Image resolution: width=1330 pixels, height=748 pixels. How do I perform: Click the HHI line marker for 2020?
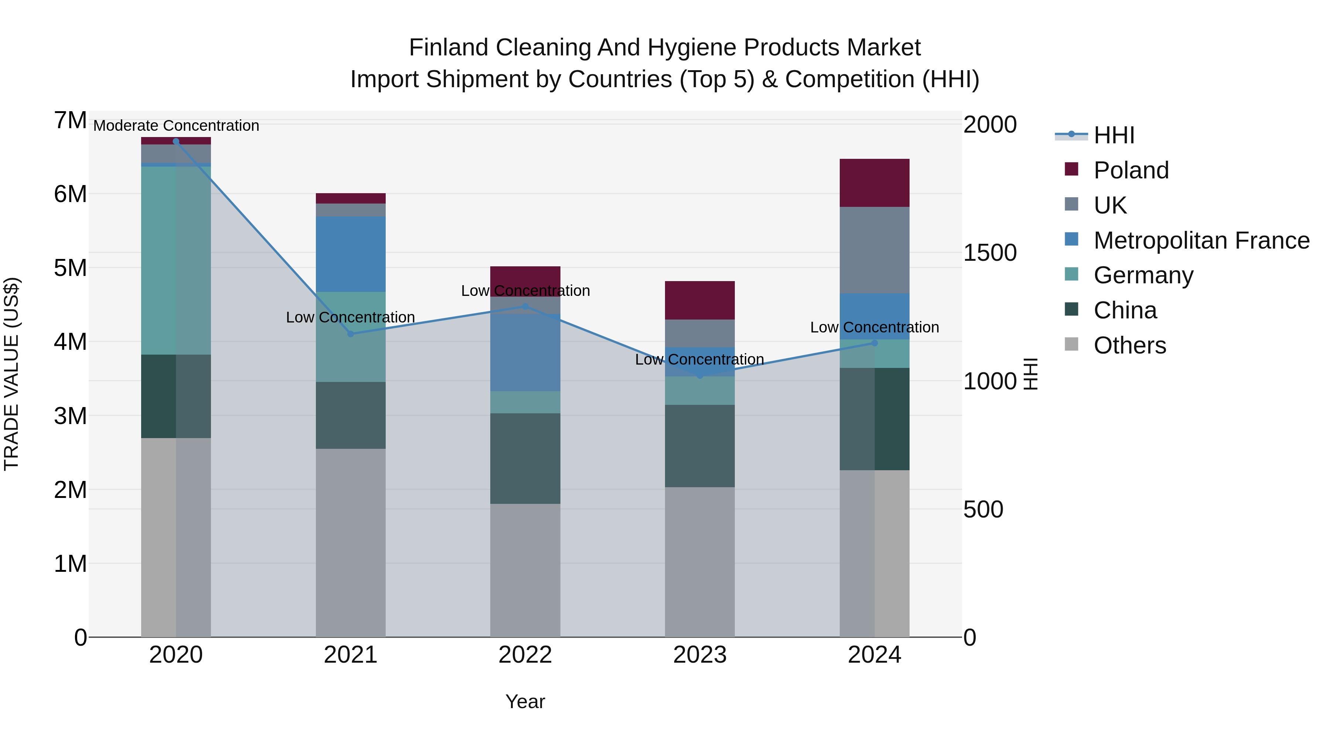pyautogui.click(x=176, y=141)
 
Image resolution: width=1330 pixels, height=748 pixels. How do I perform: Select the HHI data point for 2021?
pyautogui.click(x=351, y=334)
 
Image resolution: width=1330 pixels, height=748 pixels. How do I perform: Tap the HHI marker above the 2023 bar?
pyautogui.click(x=700, y=376)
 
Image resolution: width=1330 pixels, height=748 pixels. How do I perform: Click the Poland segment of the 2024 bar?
pyautogui.click(x=874, y=183)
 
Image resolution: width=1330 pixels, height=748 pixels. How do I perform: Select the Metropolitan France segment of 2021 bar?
pyautogui.click(x=351, y=254)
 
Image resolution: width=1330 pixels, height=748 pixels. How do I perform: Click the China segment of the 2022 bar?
pyautogui.click(x=525, y=458)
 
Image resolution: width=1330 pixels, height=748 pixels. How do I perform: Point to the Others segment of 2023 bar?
pyautogui.click(x=700, y=561)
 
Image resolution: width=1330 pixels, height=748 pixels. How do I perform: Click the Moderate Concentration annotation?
pyautogui.click(x=176, y=126)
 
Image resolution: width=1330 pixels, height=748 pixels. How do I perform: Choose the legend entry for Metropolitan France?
pyautogui.click(x=1201, y=240)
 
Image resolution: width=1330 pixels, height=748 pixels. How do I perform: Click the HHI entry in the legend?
pyautogui.click(x=1114, y=135)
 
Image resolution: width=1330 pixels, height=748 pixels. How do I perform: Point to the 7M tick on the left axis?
pyautogui.click(x=70, y=121)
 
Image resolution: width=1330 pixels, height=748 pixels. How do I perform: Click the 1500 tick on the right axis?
pyautogui.click(x=990, y=253)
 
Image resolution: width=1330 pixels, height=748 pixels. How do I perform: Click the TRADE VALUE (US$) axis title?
pyautogui.click(x=11, y=374)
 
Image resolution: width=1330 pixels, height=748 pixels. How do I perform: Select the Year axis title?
pyautogui.click(x=525, y=701)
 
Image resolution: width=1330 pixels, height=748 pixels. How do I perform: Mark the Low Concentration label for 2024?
pyautogui.click(x=874, y=327)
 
